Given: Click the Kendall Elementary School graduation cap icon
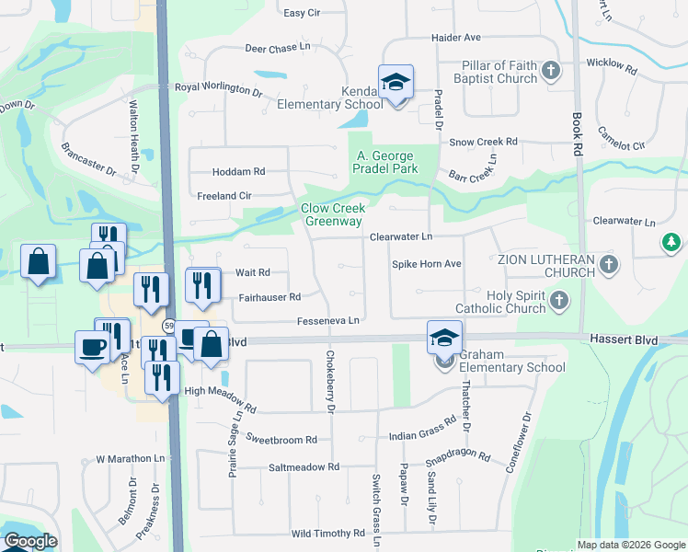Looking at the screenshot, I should coord(396,83).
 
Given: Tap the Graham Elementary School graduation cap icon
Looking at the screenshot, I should coord(444,338).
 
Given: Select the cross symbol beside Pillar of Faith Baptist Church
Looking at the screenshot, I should coord(550,71).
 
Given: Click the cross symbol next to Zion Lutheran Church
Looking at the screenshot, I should coord(607,265).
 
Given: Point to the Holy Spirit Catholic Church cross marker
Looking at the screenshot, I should coord(558,301).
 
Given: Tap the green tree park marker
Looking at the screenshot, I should coord(672,243).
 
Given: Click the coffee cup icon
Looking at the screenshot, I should coord(92,347).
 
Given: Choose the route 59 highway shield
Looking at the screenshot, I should coord(169,326).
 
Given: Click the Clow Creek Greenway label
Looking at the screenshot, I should coord(334,214).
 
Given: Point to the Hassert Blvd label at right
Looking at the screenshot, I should coord(625,340).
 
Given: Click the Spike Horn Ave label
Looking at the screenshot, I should coord(427,264).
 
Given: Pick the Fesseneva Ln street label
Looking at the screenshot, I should coord(327,320).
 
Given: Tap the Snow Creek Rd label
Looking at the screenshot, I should coord(484,142).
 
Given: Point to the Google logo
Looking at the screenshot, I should coord(30,541).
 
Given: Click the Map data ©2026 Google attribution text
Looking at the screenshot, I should coord(630,545).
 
